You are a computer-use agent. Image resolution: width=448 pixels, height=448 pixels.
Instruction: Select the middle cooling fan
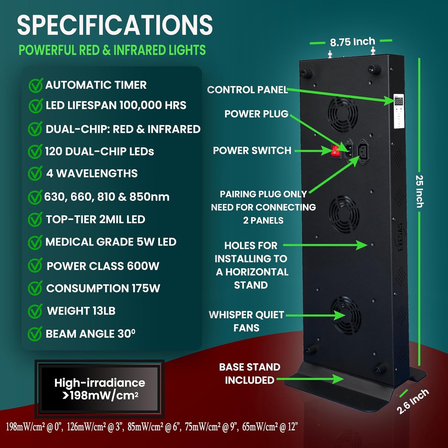344,214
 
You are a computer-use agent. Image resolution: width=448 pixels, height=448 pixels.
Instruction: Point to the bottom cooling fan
346,315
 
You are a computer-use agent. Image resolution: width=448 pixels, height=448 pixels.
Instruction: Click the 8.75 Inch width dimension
352,42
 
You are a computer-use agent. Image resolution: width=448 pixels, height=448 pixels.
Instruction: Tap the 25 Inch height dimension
420,191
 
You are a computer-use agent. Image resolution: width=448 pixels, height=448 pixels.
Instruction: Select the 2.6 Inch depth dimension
413,401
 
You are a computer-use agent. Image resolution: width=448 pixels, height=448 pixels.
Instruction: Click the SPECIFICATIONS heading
115,25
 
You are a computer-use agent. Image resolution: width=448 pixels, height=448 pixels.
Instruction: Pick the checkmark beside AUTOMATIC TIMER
36,85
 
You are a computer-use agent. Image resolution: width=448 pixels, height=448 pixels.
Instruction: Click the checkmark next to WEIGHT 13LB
35,311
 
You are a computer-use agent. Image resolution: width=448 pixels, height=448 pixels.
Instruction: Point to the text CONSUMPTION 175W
103,288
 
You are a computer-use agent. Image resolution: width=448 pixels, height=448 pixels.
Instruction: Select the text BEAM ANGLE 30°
90,334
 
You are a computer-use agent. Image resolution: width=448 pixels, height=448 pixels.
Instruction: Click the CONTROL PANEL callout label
247,90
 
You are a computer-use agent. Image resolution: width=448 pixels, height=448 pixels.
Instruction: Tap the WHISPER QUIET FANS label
246,321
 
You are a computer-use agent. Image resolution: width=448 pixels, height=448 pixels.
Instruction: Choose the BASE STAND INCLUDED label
250,373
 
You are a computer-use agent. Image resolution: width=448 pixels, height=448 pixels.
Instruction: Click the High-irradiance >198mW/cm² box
99,389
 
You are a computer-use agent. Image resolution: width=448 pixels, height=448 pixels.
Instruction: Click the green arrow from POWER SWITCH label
312,151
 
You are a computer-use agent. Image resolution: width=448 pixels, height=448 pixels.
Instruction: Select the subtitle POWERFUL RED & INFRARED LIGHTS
112,50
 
